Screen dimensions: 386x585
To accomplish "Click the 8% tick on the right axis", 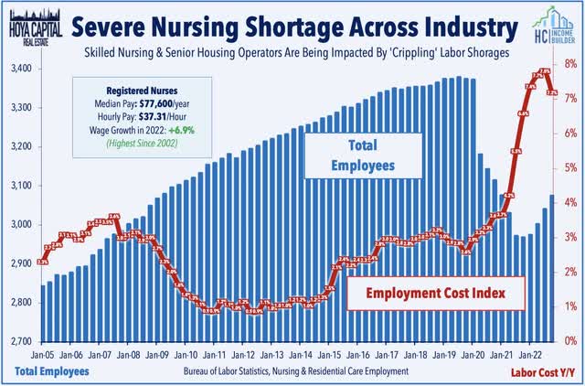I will pos(569,64).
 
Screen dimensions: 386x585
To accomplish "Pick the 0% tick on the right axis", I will pos(569,341).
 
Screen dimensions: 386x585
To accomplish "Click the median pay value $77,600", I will pos(162,105).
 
